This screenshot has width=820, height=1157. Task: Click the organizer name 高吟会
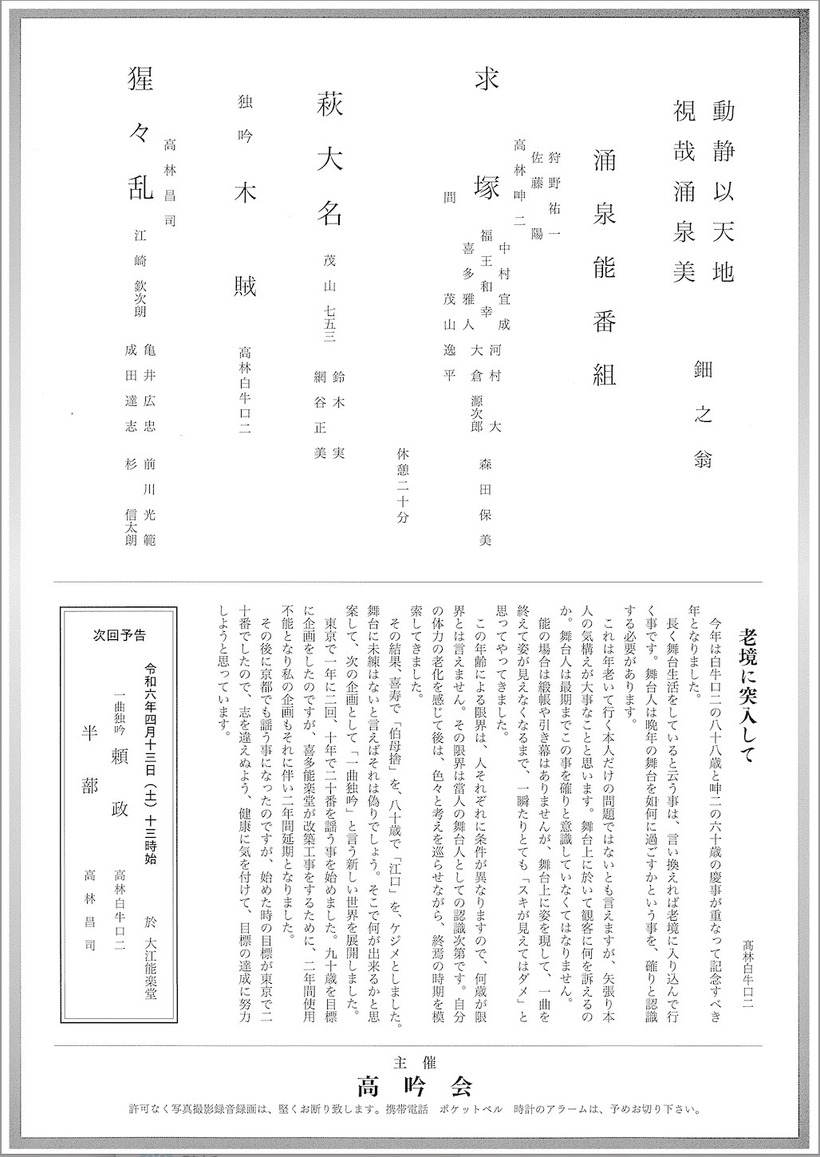(x=415, y=1086)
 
